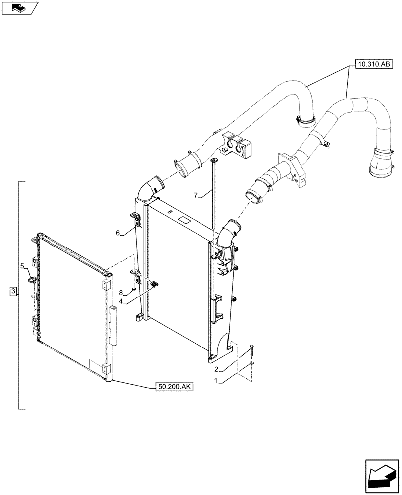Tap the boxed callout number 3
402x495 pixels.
point(13,291)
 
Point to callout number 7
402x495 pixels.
point(196,196)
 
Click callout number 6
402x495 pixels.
point(118,233)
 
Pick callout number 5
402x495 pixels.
point(22,266)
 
